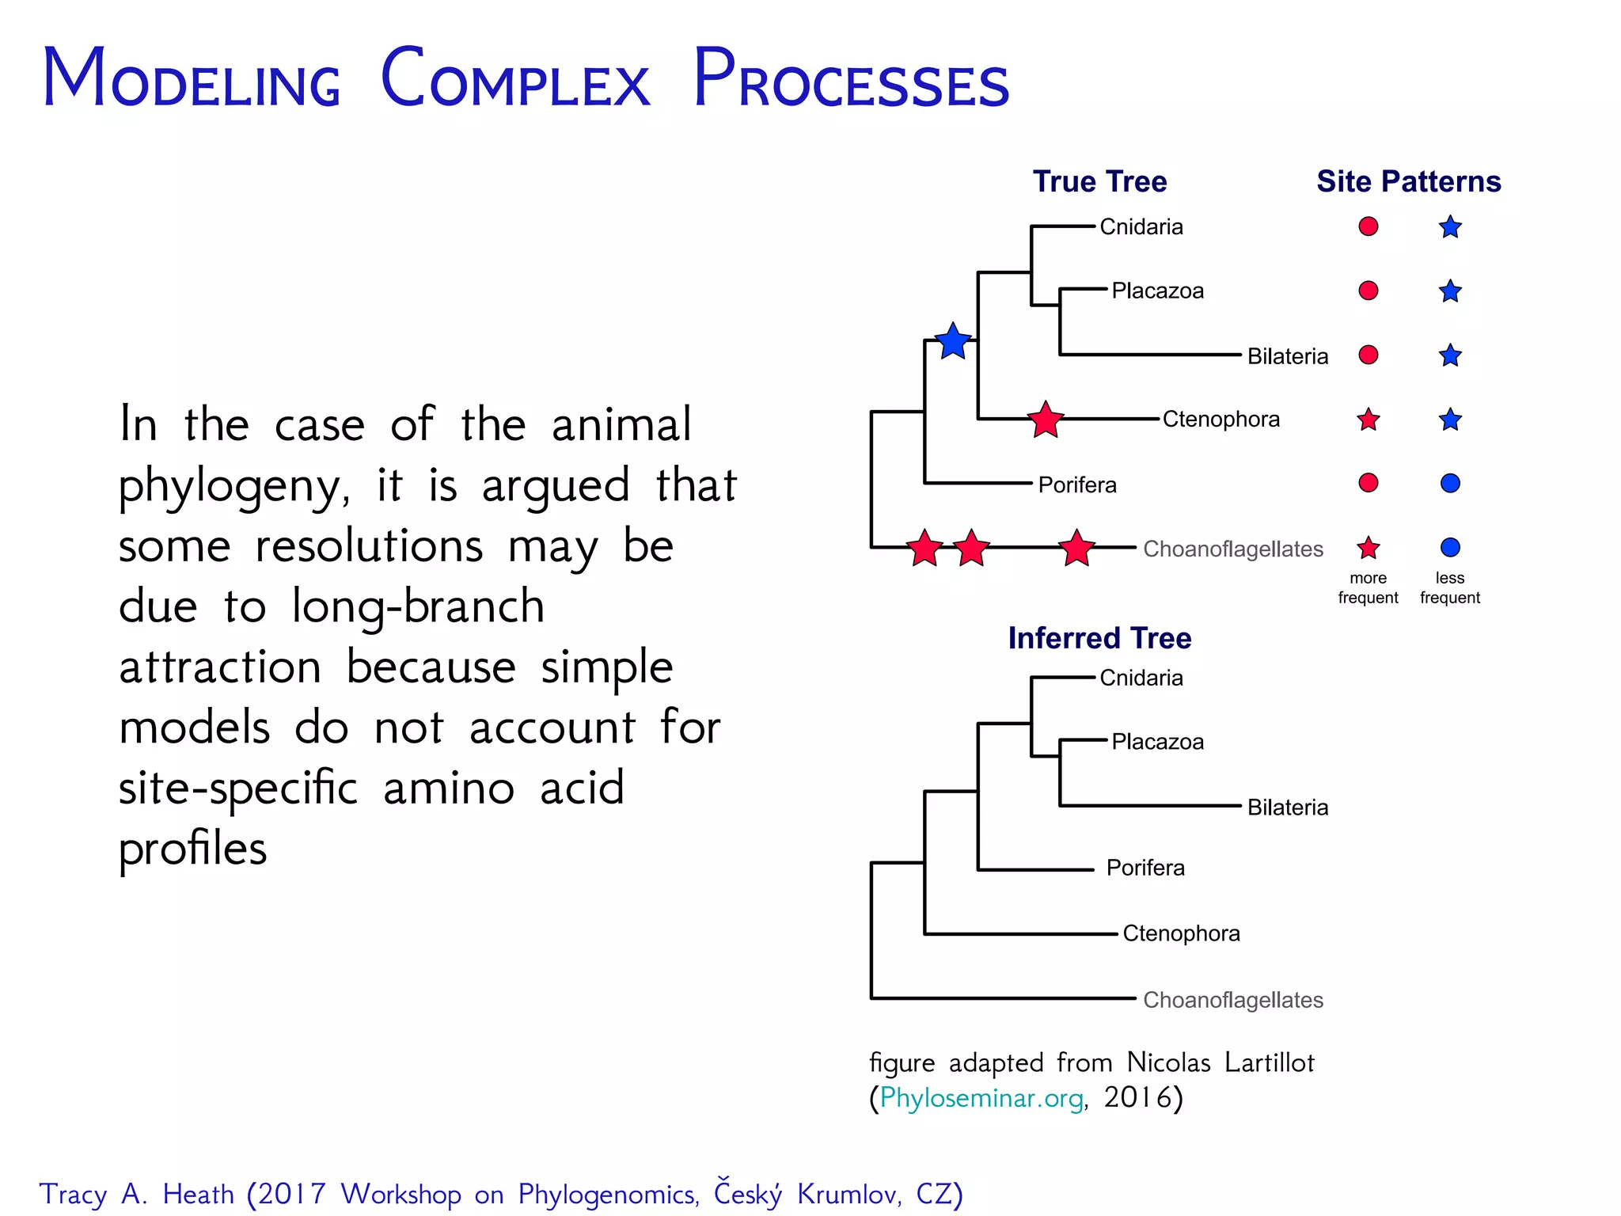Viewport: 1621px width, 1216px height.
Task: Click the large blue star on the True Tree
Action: pyautogui.click(x=953, y=342)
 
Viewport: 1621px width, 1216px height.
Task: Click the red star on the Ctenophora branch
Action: pyautogui.click(x=1046, y=420)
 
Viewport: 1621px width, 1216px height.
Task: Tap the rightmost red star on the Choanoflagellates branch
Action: pyautogui.click(x=1076, y=548)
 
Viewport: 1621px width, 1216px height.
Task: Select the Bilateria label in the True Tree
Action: pyautogui.click(x=1287, y=356)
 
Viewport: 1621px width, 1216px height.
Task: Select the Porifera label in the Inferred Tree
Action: pyautogui.click(x=1145, y=868)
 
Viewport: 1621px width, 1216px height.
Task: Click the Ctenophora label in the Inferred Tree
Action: pyautogui.click(x=1181, y=933)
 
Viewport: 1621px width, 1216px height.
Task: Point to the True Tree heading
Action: pyautogui.click(x=1099, y=181)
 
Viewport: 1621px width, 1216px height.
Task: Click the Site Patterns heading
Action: pyautogui.click(x=1408, y=181)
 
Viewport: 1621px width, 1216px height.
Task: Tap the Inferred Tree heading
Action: pyautogui.click(x=1099, y=638)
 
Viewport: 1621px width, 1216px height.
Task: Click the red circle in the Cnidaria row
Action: pyautogui.click(x=1369, y=226)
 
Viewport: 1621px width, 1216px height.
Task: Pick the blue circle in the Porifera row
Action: pyautogui.click(x=1450, y=483)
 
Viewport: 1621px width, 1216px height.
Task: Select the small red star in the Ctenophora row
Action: pyautogui.click(x=1369, y=420)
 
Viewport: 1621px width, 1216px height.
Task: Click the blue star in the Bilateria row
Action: pyautogui.click(x=1450, y=355)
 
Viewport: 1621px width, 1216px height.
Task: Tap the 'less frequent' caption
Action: pyautogui.click(x=1450, y=587)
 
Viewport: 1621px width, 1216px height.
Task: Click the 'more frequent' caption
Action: pyautogui.click(x=1368, y=587)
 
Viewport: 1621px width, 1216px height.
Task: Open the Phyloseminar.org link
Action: pyautogui.click(x=981, y=1098)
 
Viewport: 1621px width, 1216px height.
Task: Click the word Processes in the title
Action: pyautogui.click(x=851, y=79)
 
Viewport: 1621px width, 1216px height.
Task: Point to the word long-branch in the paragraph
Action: pyautogui.click(x=418, y=606)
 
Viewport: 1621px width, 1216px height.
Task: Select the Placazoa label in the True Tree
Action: pyautogui.click(x=1157, y=291)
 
